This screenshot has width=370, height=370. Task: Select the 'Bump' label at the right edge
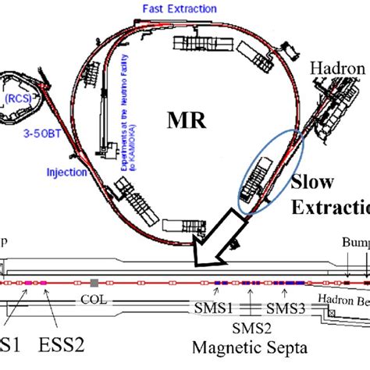(355, 244)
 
